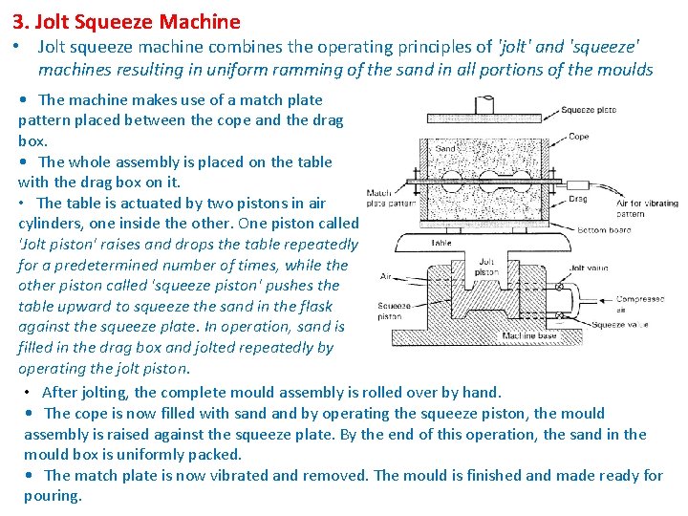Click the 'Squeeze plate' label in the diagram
coord(589,110)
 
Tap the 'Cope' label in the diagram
coord(579,137)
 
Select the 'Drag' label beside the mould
coord(578,199)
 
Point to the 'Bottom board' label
coord(605,230)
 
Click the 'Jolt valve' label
coord(590,269)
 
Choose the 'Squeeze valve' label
coord(619,325)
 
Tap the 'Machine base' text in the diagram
coord(530,336)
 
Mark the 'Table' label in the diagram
coord(441,243)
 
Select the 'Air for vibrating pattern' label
coord(647,208)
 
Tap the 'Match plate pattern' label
coord(390,199)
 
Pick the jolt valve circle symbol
coord(559,286)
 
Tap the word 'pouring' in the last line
coord(53,496)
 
